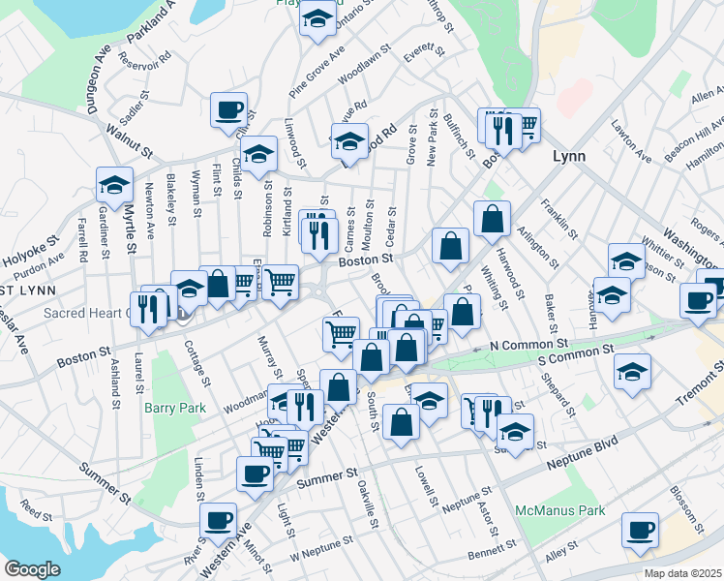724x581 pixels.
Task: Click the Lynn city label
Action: (x=570, y=156)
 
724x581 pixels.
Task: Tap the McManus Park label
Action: (x=560, y=510)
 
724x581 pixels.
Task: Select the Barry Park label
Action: (x=175, y=408)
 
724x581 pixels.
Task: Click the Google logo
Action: (x=33, y=568)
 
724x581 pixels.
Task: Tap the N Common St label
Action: (x=528, y=344)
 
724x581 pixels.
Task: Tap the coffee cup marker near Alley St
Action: (x=641, y=531)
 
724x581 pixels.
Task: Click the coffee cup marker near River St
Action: (x=218, y=520)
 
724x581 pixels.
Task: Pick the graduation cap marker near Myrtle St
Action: (x=114, y=184)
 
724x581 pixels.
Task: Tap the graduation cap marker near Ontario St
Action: (x=317, y=18)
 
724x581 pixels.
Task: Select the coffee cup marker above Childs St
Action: (x=228, y=110)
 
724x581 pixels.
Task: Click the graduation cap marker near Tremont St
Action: (x=632, y=371)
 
